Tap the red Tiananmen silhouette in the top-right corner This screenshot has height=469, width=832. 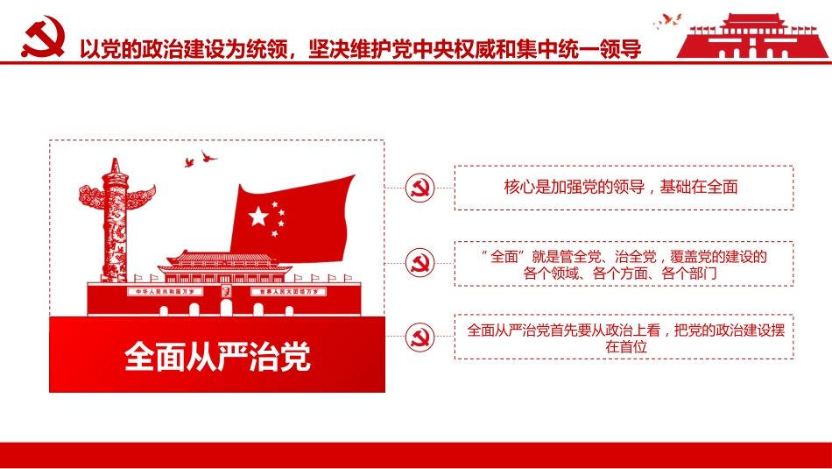point(752,38)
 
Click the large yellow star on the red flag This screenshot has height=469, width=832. point(258,217)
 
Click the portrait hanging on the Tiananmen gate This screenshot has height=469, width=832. point(226,291)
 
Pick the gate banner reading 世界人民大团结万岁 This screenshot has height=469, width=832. point(288,290)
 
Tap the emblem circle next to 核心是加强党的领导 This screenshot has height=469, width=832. point(420,187)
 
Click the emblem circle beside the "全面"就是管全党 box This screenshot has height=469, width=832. point(420,262)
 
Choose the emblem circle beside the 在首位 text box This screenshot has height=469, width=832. point(420,336)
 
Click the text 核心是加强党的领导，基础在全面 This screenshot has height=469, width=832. point(622,187)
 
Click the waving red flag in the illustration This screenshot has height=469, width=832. point(293,215)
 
